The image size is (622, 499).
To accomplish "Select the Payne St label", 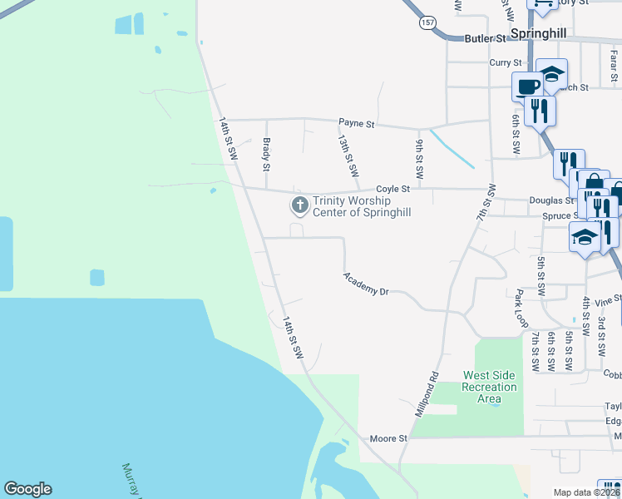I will [x=358, y=124].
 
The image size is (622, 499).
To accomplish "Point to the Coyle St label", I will [x=394, y=189].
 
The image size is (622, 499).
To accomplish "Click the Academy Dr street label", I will [x=367, y=284].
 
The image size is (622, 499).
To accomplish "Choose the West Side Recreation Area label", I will [x=490, y=387].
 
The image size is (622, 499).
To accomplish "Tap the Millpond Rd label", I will [x=427, y=394].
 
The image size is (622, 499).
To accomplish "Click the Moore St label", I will [x=388, y=438].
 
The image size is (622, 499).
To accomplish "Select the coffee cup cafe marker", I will [x=527, y=86].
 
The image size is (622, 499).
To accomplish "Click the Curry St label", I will [x=505, y=62].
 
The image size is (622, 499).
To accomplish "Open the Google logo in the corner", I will [x=27, y=489].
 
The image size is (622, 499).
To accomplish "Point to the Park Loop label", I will [x=521, y=307].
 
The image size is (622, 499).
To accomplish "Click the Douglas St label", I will [x=552, y=200].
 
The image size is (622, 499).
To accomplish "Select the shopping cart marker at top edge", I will [x=544, y=4].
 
